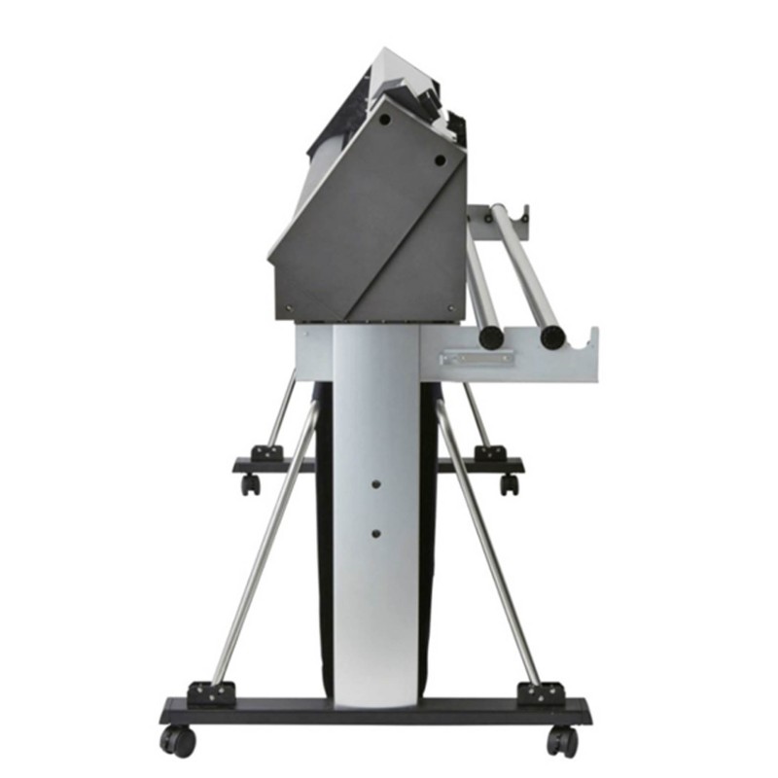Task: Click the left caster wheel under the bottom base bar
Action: click(x=179, y=741)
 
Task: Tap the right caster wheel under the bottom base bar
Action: click(x=560, y=741)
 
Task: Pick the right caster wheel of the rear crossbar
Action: click(x=509, y=483)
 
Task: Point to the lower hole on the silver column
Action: click(x=375, y=532)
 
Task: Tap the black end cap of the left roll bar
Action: click(x=492, y=337)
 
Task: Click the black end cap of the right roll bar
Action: click(x=552, y=337)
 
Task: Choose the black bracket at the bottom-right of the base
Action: click(x=541, y=692)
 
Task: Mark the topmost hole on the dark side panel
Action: click(x=385, y=120)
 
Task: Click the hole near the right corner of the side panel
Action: click(x=440, y=160)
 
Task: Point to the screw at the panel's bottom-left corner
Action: click(x=290, y=310)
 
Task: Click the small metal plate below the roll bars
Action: click(x=477, y=358)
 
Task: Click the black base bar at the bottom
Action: click(x=375, y=710)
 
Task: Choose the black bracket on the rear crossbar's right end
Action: click(x=489, y=453)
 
